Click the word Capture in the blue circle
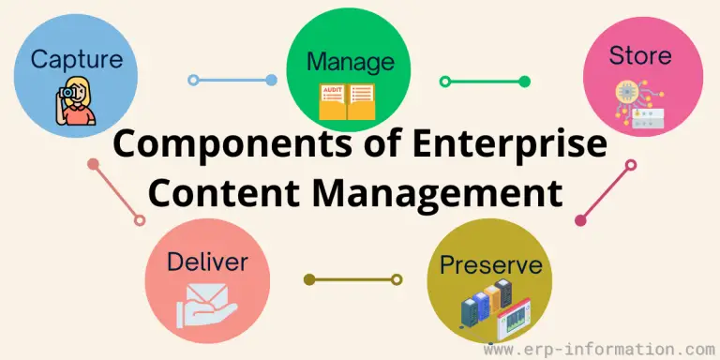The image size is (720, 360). point(77,60)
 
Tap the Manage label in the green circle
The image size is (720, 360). point(351,63)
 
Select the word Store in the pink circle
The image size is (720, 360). point(640,55)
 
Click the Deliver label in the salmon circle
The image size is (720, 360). point(206,262)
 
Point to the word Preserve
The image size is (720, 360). point(490,264)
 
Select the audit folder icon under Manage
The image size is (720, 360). point(346,102)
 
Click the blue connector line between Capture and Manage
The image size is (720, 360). point(232,80)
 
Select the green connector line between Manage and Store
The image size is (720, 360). point(485,81)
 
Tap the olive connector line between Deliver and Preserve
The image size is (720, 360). point(352,278)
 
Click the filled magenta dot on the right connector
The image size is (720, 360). point(580,221)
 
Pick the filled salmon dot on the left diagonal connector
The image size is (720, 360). point(93,164)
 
